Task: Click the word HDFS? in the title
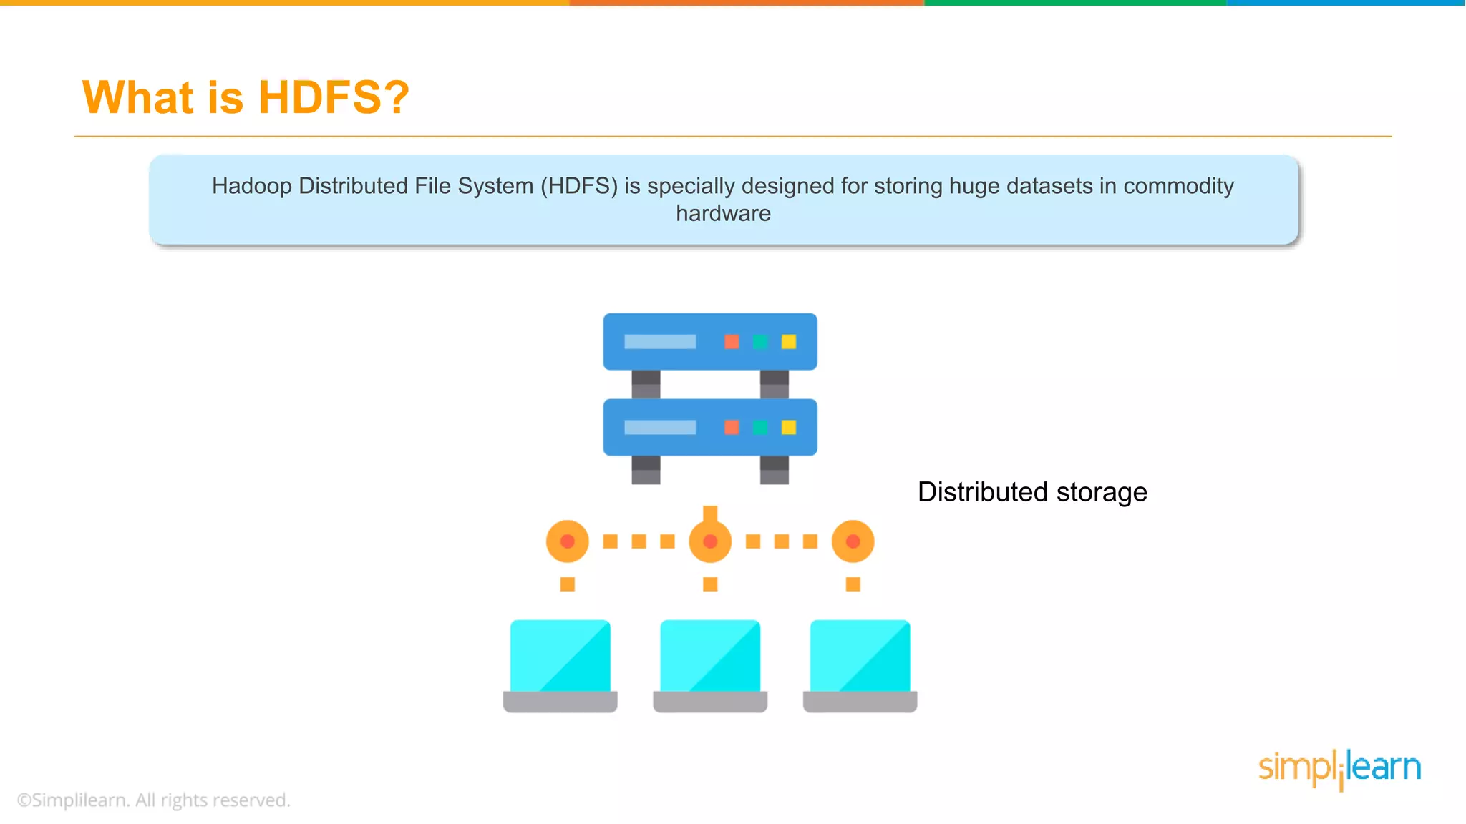coord(334,97)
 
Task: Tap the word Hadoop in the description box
coord(252,186)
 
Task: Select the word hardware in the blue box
coord(723,214)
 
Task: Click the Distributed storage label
coord(1032,492)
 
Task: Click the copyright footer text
coord(154,800)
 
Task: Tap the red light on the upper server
coord(732,342)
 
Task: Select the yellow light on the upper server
coord(789,342)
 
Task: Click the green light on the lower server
coord(760,428)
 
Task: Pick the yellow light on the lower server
coord(789,428)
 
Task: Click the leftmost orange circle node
coord(568,541)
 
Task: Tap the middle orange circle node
coord(710,541)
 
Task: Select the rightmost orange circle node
coord(853,541)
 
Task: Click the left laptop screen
coord(560,656)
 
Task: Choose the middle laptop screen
coord(710,656)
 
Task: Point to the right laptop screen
coord(860,656)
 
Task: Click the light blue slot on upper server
coord(660,342)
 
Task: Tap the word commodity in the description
coord(1178,186)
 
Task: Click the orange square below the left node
coord(568,584)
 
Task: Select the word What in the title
coord(138,97)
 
